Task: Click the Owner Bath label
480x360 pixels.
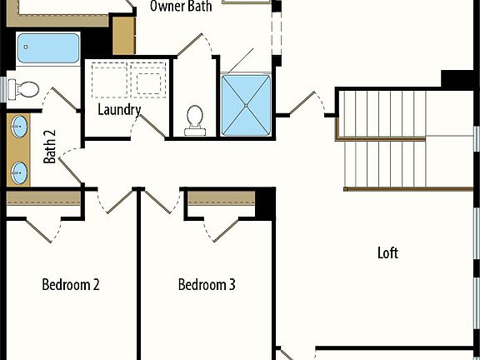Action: [181, 7]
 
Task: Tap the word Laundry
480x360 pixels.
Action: [119, 109]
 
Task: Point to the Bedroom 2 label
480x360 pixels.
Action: [71, 285]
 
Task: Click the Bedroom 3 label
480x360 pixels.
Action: [207, 285]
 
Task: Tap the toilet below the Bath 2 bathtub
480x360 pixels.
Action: [27, 88]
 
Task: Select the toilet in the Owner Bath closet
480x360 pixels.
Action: [197, 118]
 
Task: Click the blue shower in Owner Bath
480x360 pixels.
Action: [247, 106]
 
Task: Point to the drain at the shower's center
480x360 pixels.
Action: [247, 106]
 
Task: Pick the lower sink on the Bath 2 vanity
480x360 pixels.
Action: [18, 172]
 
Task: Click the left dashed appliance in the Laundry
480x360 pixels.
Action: [107, 78]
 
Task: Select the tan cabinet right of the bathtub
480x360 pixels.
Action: [123, 36]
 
